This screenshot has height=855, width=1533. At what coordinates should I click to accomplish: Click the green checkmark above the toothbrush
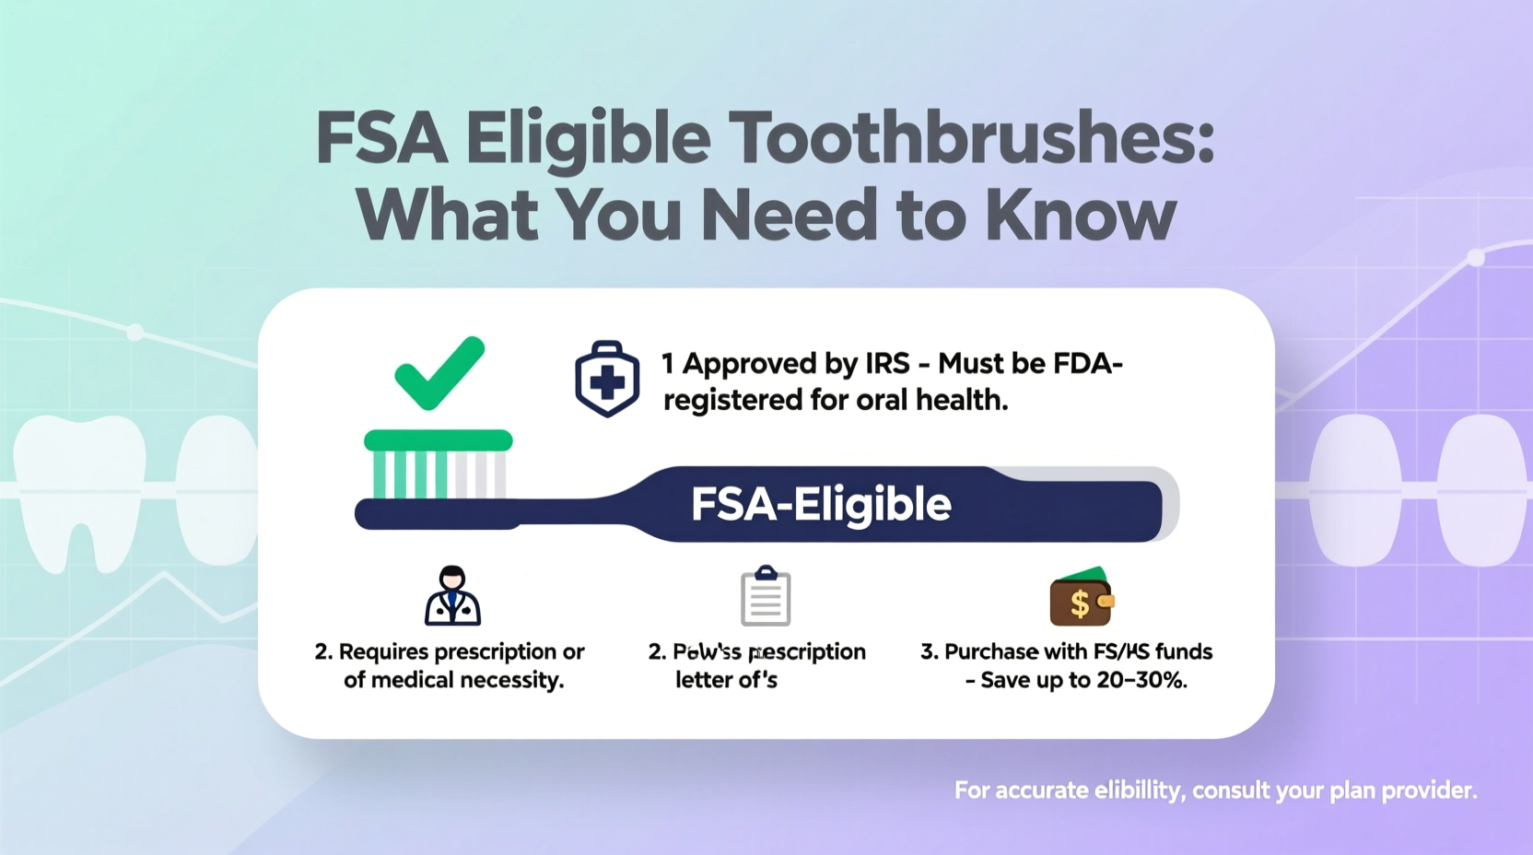tap(439, 373)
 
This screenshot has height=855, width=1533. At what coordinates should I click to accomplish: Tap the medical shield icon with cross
tap(607, 380)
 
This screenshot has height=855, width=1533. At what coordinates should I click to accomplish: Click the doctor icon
tap(452, 596)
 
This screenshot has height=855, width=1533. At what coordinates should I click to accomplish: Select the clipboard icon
tap(766, 596)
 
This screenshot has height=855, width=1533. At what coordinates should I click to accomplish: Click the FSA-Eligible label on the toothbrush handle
tap(821, 505)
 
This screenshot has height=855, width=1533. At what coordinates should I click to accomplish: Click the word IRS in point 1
tap(887, 364)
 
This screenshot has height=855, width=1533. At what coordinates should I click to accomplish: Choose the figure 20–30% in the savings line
tap(1141, 681)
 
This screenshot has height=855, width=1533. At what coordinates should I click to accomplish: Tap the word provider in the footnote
tap(1433, 791)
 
